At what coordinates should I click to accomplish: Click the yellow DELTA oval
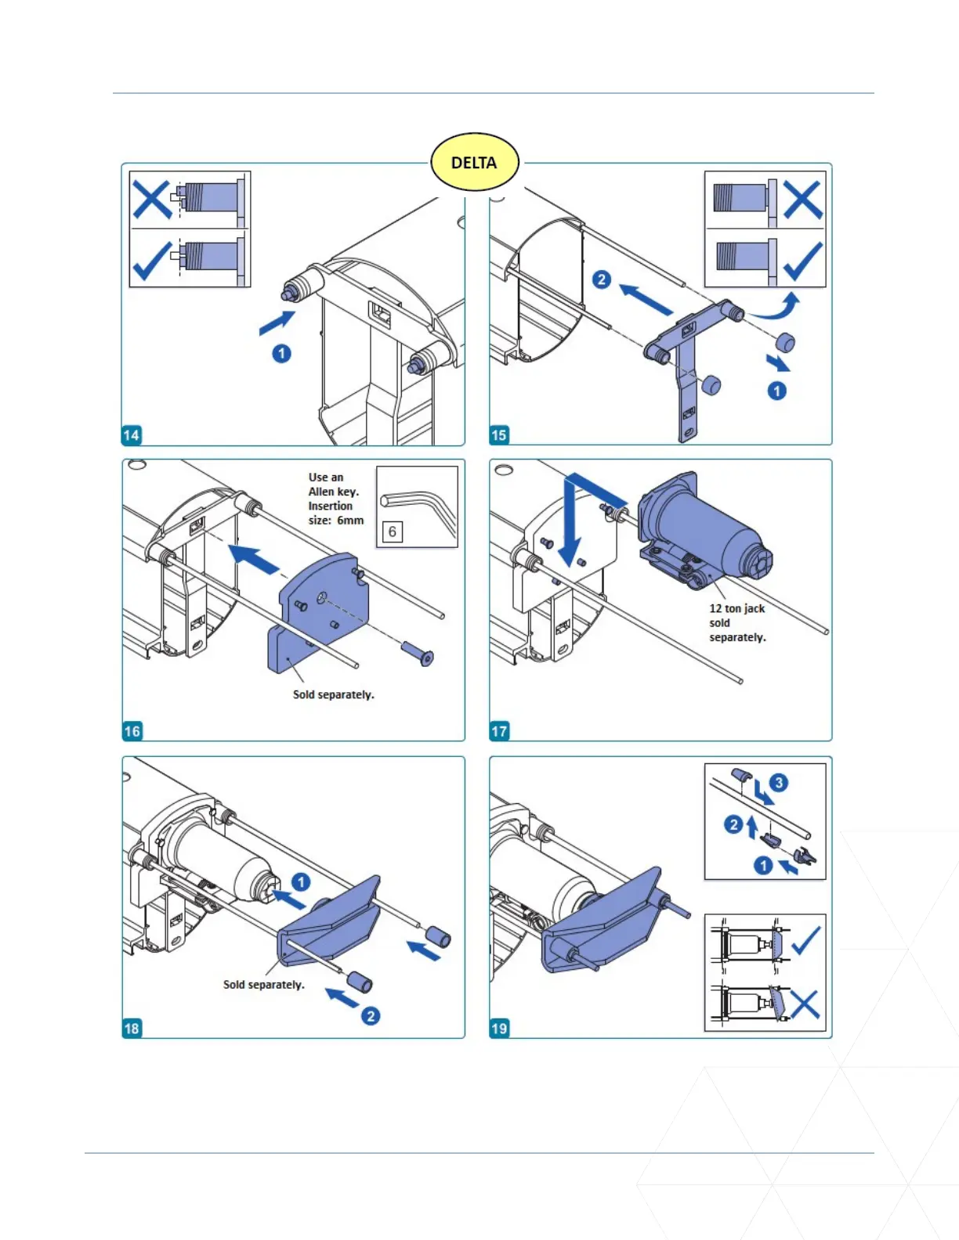pyautogui.click(x=474, y=163)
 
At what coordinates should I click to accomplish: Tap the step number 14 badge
pyautogui.click(x=132, y=435)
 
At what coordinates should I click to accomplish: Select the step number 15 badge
pyautogui.click(x=499, y=435)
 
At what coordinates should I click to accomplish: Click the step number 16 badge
pyautogui.click(x=132, y=731)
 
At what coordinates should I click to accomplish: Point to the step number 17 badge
pyautogui.click(x=499, y=731)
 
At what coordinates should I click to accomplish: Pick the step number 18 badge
pyautogui.click(x=132, y=1028)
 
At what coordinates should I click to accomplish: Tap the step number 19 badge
pyautogui.click(x=499, y=1028)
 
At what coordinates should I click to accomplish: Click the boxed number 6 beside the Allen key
pyautogui.click(x=393, y=532)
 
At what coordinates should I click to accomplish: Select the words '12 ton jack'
pyautogui.click(x=736, y=608)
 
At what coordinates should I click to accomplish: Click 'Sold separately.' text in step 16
pyautogui.click(x=333, y=694)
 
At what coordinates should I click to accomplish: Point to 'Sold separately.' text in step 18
pyautogui.click(x=263, y=985)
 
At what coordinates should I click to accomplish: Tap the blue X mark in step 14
pyautogui.click(x=152, y=200)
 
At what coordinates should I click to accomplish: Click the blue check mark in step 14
pyautogui.click(x=152, y=260)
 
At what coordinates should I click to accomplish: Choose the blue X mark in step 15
pyautogui.click(x=802, y=200)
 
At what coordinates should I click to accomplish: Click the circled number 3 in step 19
pyautogui.click(x=778, y=783)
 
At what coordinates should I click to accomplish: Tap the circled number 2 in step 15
pyautogui.click(x=601, y=279)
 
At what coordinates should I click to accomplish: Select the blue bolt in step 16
pyautogui.click(x=418, y=651)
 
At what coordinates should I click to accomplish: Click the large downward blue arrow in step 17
pyautogui.click(x=570, y=524)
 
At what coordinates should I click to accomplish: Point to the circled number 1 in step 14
pyautogui.click(x=281, y=354)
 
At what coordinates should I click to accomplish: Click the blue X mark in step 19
pyautogui.click(x=805, y=1004)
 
